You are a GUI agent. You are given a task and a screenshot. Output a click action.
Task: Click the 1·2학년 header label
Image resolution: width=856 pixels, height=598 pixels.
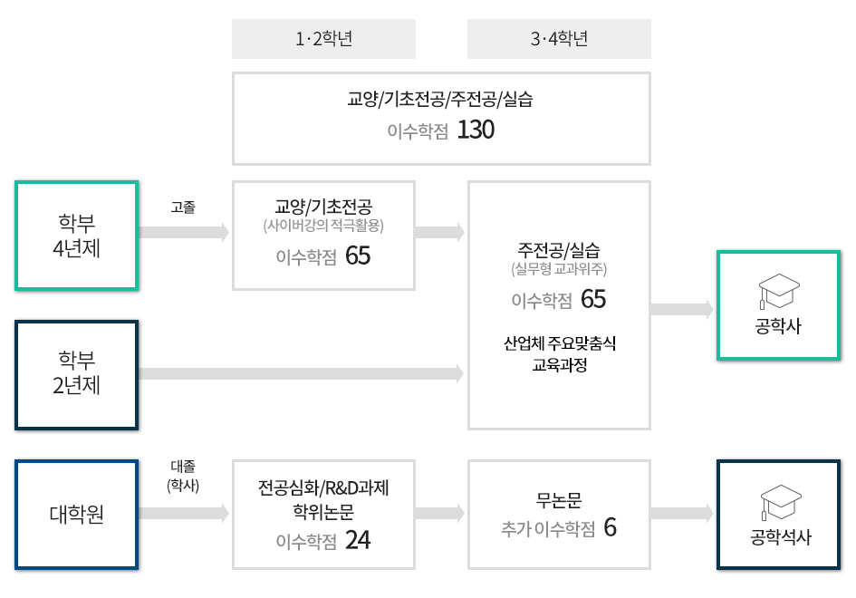pyautogui.click(x=323, y=39)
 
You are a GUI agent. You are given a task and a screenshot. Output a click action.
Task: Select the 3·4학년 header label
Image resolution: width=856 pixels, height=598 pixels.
pyautogui.click(x=559, y=39)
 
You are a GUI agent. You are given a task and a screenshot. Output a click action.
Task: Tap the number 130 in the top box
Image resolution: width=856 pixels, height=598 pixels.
pyautogui.click(x=476, y=130)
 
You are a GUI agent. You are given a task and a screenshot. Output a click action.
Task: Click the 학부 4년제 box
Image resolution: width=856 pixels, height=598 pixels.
pyautogui.click(x=77, y=236)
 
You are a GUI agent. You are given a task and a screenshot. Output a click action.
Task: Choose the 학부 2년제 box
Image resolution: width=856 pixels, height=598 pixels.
pyautogui.click(x=77, y=373)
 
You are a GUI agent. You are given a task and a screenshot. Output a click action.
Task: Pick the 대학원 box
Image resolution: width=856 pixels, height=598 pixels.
pyautogui.click(x=77, y=515)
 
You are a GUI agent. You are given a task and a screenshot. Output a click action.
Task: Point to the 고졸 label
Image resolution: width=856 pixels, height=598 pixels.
pyautogui.click(x=183, y=207)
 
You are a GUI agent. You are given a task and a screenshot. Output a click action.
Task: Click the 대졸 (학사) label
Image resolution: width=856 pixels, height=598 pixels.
pyautogui.click(x=183, y=476)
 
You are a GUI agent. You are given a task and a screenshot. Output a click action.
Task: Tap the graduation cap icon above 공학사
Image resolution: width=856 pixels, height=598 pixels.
pyautogui.click(x=778, y=289)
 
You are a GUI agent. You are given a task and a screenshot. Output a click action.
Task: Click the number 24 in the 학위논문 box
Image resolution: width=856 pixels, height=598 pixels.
pyautogui.click(x=358, y=541)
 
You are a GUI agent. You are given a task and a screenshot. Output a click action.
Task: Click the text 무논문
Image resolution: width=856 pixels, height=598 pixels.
pyautogui.click(x=559, y=500)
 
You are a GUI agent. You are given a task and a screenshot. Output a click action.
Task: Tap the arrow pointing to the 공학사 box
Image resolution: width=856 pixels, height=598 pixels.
pyautogui.click(x=682, y=309)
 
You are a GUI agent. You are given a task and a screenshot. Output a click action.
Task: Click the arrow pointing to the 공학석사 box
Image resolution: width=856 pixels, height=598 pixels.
pyautogui.click(x=682, y=514)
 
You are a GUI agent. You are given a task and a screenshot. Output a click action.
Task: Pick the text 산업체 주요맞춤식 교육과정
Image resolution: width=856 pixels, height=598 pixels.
pyautogui.click(x=559, y=355)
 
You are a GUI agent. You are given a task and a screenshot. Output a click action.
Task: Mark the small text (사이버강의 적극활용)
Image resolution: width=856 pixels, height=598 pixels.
pyautogui.click(x=323, y=225)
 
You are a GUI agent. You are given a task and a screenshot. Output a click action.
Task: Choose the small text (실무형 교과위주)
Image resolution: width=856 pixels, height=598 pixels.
pyautogui.click(x=559, y=268)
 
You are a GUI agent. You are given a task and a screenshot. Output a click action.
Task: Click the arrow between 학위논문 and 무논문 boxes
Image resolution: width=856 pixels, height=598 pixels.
pyautogui.click(x=440, y=514)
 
